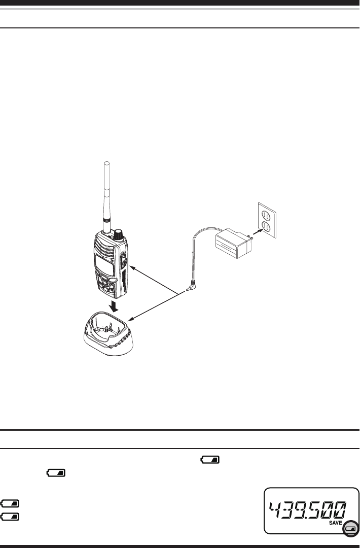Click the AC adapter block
coord(232,243)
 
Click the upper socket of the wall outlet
coord(267,214)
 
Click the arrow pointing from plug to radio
coord(152,279)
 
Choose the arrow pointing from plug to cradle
coord(152,306)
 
